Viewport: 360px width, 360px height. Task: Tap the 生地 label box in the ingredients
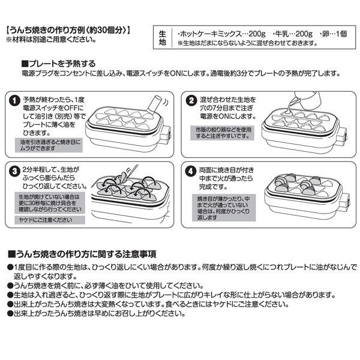[x=162, y=38]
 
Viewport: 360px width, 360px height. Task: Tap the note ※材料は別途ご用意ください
[x=50, y=39]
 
